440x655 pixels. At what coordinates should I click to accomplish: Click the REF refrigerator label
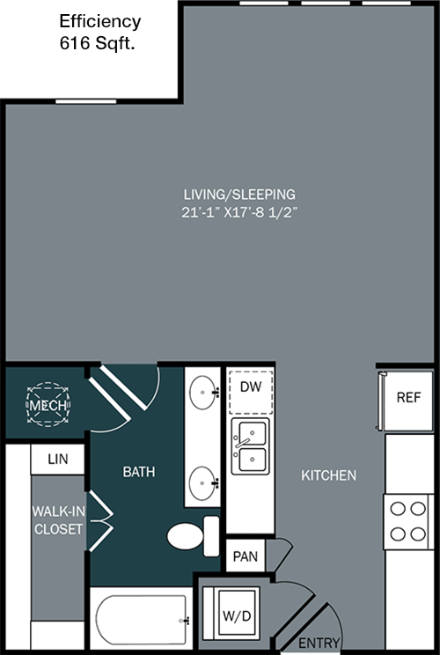(408, 397)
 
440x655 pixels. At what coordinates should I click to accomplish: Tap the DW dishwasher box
(251, 392)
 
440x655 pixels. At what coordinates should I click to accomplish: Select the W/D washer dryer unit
(237, 614)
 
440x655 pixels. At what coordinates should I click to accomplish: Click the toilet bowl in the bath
(186, 536)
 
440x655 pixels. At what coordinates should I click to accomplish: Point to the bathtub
(142, 620)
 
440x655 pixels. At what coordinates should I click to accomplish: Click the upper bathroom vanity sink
(203, 393)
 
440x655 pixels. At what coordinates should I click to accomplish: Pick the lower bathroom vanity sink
(203, 483)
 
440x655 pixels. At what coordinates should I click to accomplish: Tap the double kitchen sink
(251, 446)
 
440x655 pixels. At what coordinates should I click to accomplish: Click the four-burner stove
(407, 522)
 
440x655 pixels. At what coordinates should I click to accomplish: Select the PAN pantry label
(246, 556)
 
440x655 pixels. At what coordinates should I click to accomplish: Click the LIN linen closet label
(57, 459)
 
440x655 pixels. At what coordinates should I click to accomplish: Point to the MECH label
(48, 405)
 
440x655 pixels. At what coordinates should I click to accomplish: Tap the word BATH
(139, 472)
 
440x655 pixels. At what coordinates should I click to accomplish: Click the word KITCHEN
(329, 475)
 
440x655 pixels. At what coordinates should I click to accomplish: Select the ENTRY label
(319, 642)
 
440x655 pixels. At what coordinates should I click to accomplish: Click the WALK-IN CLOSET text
(58, 520)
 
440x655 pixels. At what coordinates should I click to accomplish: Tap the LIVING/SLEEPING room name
(239, 195)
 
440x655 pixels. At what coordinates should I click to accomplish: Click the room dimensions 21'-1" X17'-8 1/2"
(239, 212)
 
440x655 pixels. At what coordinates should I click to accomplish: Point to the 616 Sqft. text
(98, 43)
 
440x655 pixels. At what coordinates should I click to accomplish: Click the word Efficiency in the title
(100, 22)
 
